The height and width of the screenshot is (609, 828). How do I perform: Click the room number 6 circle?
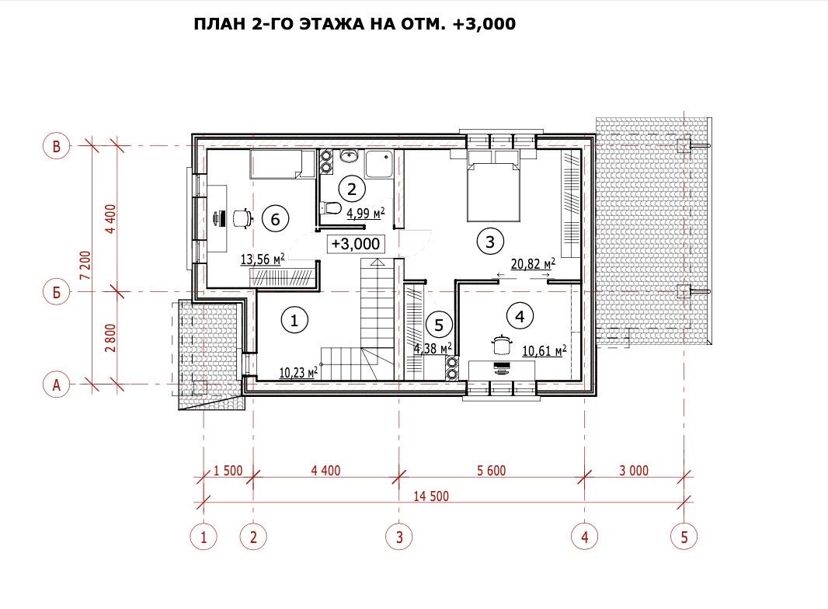click(275, 218)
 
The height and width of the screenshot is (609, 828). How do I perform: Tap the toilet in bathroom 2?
click(330, 208)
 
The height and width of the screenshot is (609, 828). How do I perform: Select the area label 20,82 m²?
click(533, 263)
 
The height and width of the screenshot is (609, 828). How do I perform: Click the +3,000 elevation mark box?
click(356, 243)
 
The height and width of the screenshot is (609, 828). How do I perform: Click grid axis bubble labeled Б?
click(56, 292)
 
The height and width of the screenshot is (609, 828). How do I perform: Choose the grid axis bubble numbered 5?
click(684, 538)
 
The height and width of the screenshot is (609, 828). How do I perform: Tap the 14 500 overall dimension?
click(431, 496)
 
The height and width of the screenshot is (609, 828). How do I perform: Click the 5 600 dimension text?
click(491, 470)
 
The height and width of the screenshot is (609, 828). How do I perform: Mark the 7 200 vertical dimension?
click(85, 267)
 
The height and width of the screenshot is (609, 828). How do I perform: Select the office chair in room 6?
click(242, 217)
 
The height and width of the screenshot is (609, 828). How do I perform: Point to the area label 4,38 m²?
click(433, 348)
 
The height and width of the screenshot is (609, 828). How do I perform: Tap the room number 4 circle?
click(520, 316)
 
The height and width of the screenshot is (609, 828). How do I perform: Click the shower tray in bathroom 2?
click(379, 164)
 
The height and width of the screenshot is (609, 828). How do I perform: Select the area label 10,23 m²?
click(298, 372)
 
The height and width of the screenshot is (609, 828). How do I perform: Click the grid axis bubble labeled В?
click(56, 146)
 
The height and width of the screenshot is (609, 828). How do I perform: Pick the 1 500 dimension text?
click(228, 470)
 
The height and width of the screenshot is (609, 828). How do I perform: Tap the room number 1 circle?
click(294, 319)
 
